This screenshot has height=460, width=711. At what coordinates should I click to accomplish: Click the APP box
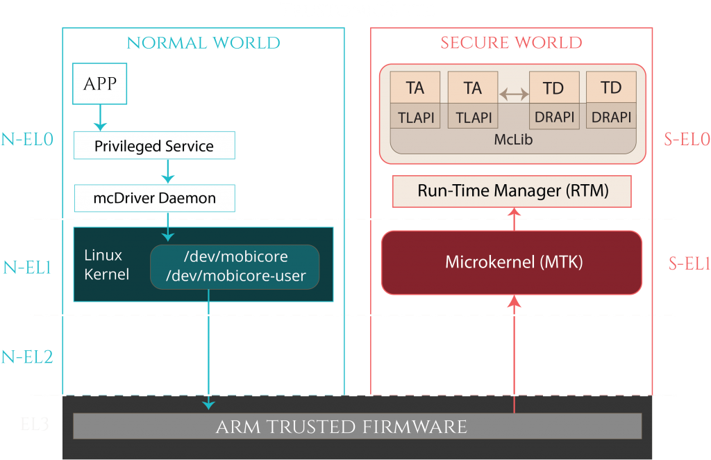pyautogui.click(x=100, y=84)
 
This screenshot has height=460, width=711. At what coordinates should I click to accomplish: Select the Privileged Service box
pyautogui.click(x=154, y=146)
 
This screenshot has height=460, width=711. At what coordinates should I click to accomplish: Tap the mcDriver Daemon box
pyautogui.click(x=154, y=198)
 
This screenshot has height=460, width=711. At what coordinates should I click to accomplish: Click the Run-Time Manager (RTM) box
pyautogui.click(x=512, y=191)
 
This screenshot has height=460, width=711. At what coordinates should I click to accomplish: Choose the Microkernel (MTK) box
pyautogui.click(x=512, y=263)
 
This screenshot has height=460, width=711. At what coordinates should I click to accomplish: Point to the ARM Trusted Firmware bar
pyautogui.click(x=357, y=426)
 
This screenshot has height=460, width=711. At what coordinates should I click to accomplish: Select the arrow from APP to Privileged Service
pyautogui.click(x=100, y=117)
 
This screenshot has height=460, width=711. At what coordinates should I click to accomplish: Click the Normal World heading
pyautogui.click(x=203, y=43)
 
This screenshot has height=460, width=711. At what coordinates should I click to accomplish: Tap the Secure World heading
pyautogui.click(x=511, y=43)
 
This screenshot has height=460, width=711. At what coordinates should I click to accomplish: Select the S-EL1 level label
pyautogui.click(x=689, y=263)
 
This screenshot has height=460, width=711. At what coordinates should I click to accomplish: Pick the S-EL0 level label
pyautogui.click(x=687, y=139)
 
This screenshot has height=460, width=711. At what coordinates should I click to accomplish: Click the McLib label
pyautogui.click(x=513, y=139)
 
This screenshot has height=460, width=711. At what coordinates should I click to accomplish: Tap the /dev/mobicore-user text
pyautogui.click(x=236, y=276)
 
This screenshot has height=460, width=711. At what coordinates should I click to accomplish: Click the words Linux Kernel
pyautogui.click(x=106, y=265)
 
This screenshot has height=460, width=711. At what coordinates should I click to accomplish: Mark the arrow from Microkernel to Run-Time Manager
pyautogui.click(x=514, y=219)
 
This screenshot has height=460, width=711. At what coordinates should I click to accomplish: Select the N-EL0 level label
pyautogui.click(x=27, y=139)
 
